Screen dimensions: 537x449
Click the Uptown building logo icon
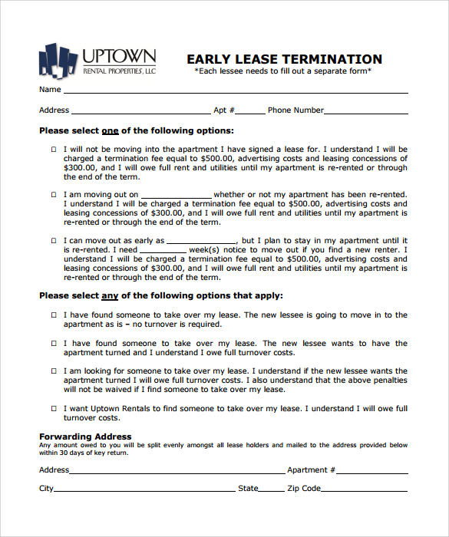[x=58, y=60]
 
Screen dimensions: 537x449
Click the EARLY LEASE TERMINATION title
[x=284, y=59]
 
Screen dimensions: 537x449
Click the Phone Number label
[x=295, y=110]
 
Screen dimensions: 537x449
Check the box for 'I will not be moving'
[x=54, y=150]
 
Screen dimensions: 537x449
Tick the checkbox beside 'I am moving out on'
[x=54, y=195]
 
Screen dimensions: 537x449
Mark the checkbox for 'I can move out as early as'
[x=54, y=241]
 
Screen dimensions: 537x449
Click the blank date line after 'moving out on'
[x=176, y=196]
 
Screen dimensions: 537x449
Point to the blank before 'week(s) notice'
[x=163, y=251]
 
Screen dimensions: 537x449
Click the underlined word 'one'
[x=111, y=131]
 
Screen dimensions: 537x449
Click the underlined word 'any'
[x=111, y=295]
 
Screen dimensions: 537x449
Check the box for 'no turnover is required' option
[x=54, y=315]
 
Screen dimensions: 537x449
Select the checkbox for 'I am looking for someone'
[x=54, y=371]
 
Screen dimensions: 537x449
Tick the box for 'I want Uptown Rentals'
[x=54, y=409]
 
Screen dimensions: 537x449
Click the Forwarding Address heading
[x=85, y=437]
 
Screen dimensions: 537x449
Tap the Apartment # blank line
[x=372, y=471]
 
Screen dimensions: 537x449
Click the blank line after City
[x=145, y=489]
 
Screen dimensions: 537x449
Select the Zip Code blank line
[x=365, y=489]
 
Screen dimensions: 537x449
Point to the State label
[x=248, y=489]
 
